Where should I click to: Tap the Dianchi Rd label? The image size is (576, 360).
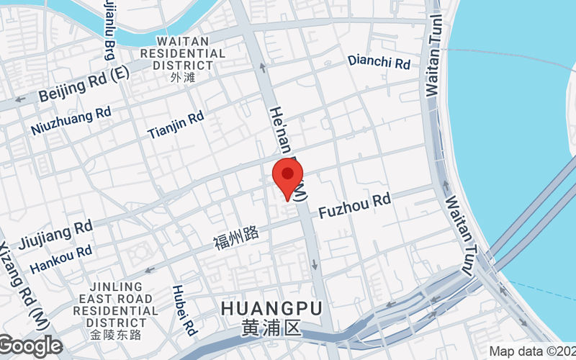[x=379, y=62]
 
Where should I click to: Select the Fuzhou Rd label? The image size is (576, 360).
[x=354, y=205]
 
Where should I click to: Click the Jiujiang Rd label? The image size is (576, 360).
[x=57, y=233]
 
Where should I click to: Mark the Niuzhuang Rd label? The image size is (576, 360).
[x=71, y=120]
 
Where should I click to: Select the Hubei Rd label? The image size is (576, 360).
[x=184, y=310]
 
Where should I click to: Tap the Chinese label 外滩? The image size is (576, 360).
[x=183, y=77]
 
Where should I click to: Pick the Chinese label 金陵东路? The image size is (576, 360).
[x=116, y=335]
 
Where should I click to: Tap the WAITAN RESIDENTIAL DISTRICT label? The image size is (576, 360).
[x=182, y=53]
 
